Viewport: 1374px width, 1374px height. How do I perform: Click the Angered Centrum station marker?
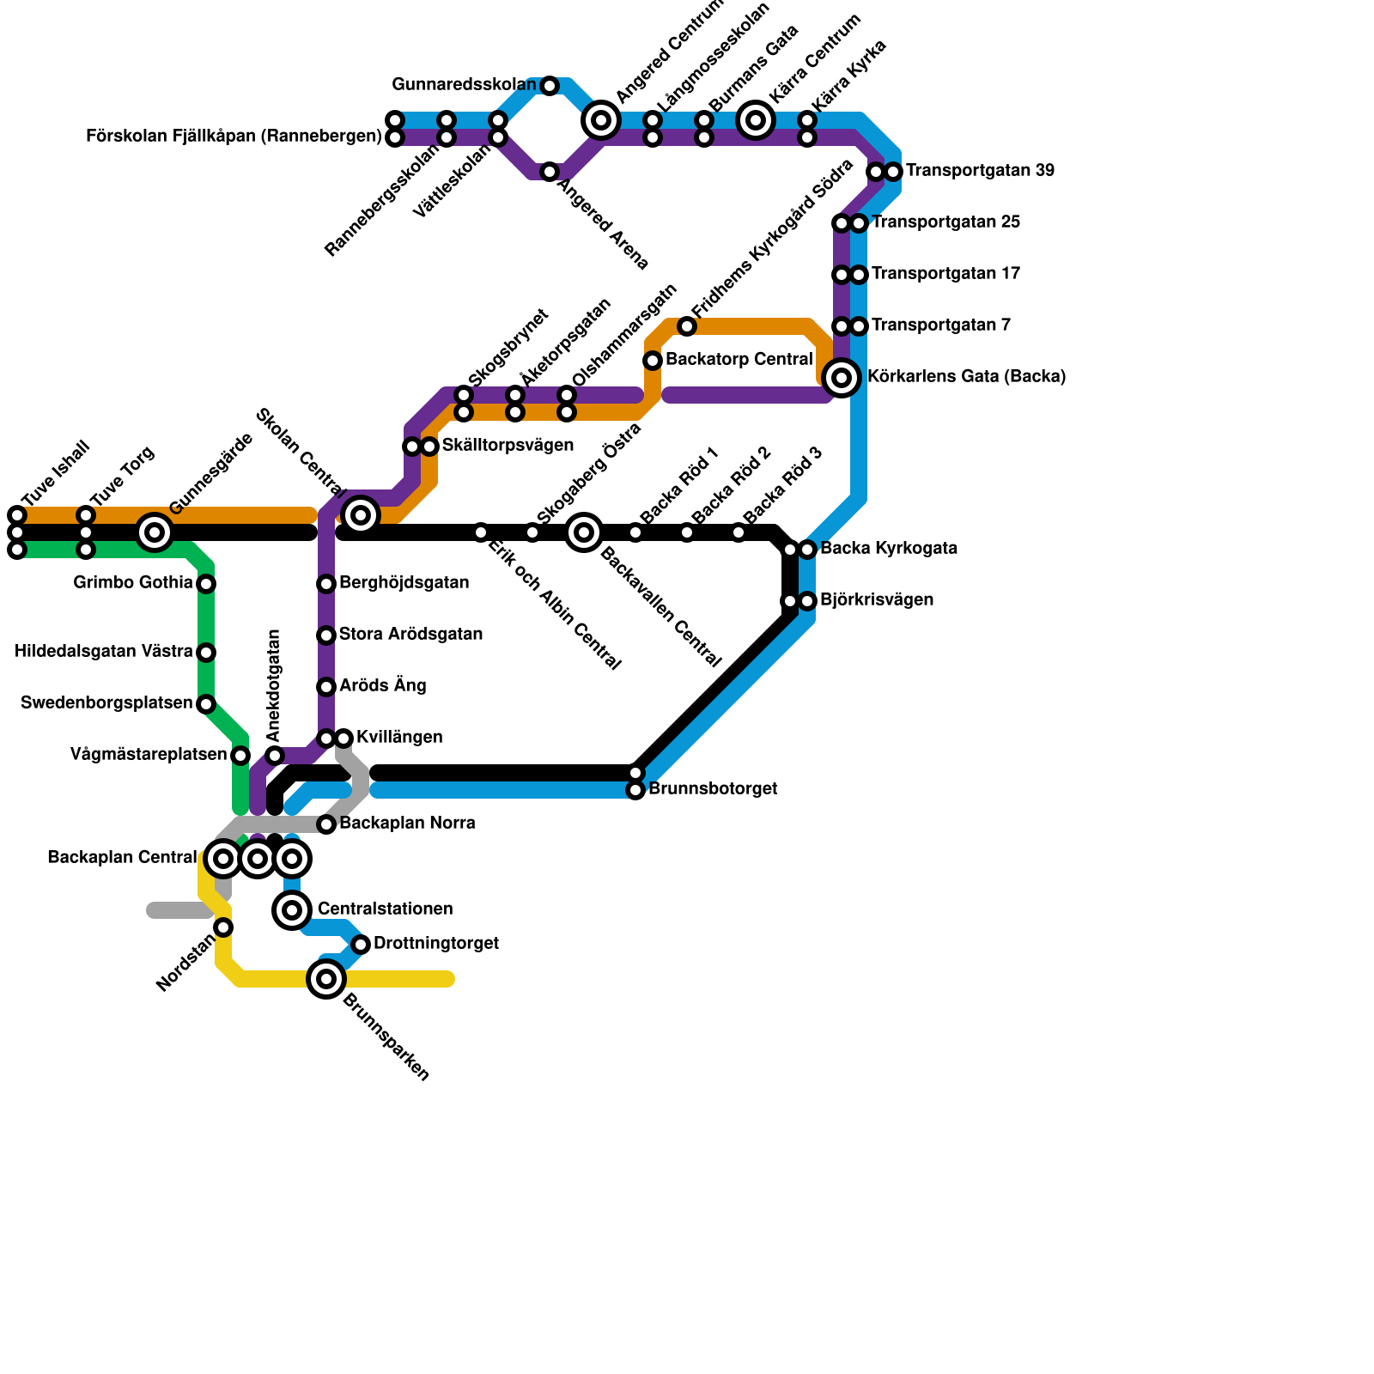pos(601,120)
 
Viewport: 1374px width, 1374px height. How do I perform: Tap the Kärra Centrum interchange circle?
pos(756,120)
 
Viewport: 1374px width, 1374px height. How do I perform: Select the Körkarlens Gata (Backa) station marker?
pos(842,378)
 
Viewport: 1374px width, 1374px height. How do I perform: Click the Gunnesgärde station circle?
pos(155,532)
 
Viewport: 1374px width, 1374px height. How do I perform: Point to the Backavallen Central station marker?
pos(584,532)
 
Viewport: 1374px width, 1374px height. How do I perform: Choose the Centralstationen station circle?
pos(292,910)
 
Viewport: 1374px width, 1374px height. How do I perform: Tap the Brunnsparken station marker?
pos(326,979)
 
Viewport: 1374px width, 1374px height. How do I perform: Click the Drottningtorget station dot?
pos(361,945)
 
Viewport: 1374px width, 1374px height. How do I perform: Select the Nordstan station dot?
pos(223,927)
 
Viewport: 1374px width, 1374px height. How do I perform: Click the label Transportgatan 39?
pos(980,171)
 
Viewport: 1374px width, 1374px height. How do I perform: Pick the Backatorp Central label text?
pos(739,360)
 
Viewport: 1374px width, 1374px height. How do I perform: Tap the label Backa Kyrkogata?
pos(889,549)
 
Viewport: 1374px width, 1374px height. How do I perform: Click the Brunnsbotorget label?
pos(713,789)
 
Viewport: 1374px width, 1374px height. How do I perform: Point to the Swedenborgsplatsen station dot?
pos(206,704)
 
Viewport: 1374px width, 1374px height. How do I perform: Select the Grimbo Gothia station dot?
pos(206,584)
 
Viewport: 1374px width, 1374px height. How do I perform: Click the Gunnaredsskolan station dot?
pos(550,86)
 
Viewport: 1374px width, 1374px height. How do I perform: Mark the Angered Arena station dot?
pos(550,172)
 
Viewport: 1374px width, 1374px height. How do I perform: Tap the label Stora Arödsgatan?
pos(410,635)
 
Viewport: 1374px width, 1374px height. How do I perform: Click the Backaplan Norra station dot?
pos(326,824)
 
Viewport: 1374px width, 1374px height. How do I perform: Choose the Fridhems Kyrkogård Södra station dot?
pos(687,326)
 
